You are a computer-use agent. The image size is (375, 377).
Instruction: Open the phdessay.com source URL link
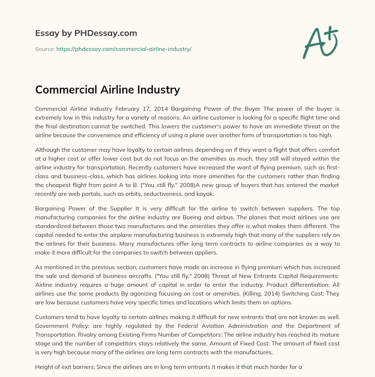(124, 49)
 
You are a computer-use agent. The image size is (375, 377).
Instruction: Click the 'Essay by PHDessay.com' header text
(86, 33)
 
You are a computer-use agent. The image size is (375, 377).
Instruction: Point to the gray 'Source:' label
(45, 49)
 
